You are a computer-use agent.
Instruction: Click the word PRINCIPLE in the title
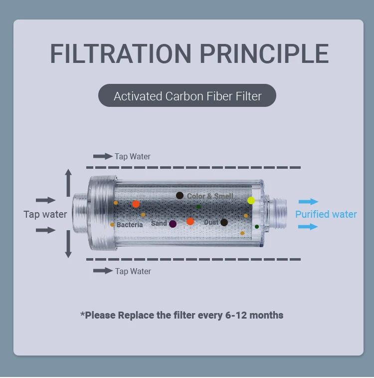tap(264, 53)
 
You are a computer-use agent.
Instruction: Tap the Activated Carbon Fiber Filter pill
tap(187, 96)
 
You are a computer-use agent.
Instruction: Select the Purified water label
tap(326, 214)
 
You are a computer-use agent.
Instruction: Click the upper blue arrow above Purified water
tap(308, 202)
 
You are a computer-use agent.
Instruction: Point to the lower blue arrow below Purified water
tap(308, 227)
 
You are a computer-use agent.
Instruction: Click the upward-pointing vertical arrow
tap(68, 182)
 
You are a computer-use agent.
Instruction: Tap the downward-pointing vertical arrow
tap(68, 246)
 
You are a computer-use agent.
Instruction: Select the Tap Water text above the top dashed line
tap(132, 156)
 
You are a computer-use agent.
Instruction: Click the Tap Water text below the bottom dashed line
tap(133, 271)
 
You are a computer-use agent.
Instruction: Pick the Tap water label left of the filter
tap(45, 214)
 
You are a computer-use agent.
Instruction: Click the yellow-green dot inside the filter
tap(251, 200)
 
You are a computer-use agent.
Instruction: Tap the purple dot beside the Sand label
tap(173, 224)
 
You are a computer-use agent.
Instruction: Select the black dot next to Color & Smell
tap(180, 195)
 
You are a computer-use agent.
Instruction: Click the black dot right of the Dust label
tap(224, 222)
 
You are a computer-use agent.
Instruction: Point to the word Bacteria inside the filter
tap(130, 225)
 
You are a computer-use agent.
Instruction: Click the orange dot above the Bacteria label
tap(136, 204)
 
